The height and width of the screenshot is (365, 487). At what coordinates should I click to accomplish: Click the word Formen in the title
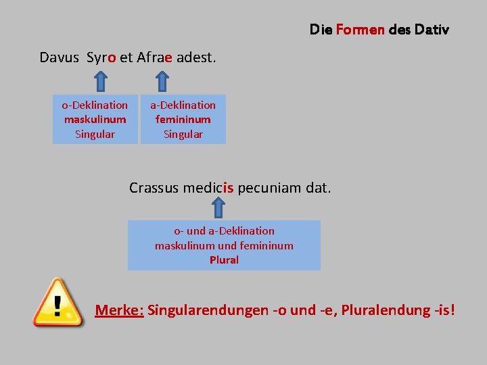[x=360, y=30]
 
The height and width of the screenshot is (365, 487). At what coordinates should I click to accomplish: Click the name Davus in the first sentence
[x=60, y=57]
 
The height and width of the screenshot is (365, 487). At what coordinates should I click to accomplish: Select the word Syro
[x=101, y=57]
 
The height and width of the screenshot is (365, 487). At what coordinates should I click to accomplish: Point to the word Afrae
[x=155, y=57]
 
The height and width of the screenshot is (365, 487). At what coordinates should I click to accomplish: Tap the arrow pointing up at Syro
[x=100, y=82]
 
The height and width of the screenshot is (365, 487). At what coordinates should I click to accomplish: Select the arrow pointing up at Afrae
[x=162, y=82]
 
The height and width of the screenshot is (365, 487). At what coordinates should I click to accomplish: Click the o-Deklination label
[x=95, y=105]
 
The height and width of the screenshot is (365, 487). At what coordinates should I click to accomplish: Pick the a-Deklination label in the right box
[x=183, y=105]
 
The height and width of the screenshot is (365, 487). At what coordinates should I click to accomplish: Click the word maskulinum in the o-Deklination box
[x=95, y=120]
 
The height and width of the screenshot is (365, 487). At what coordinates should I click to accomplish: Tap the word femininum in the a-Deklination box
[x=183, y=120]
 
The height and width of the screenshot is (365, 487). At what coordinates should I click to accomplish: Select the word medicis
[x=208, y=187]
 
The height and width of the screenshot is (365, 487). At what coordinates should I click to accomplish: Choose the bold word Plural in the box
[x=224, y=260]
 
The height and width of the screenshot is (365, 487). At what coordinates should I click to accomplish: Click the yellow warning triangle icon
[x=59, y=302]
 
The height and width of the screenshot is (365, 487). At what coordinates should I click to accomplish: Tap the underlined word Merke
[x=119, y=310]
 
